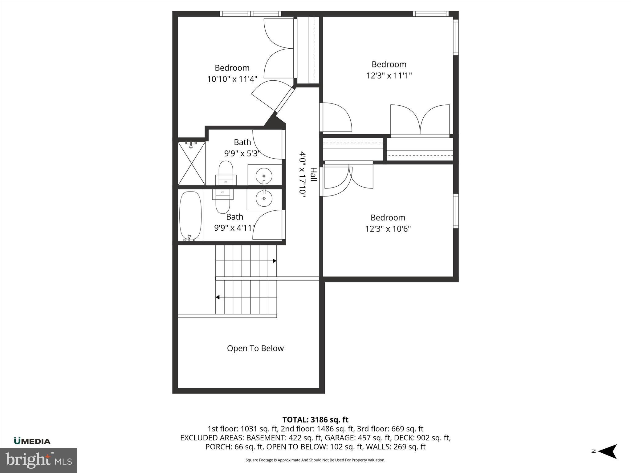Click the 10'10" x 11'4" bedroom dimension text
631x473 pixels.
click(x=232, y=79)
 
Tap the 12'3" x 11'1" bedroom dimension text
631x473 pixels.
click(x=389, y=76)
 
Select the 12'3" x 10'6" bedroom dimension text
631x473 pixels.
click(x=388, y=229)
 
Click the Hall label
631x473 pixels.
click(x=313, y=174)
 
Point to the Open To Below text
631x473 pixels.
click(x=255, y=348)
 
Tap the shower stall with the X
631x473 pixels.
click(x=192, y=163)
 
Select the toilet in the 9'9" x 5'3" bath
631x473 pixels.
click(x=226, y=172)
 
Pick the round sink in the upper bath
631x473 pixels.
click(x=264, y=176)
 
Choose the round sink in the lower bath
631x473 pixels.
click(x=264, y=198)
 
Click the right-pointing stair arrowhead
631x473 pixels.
click(x=274, y=261)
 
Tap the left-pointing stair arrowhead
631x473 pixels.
click(x=218, y=297)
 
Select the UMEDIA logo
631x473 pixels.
click(x=32, y=441)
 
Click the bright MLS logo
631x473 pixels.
click(x=39, y=460)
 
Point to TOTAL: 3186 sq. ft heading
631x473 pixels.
click(x=315, y=420)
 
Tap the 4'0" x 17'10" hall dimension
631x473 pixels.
click(x=302, y=172)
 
